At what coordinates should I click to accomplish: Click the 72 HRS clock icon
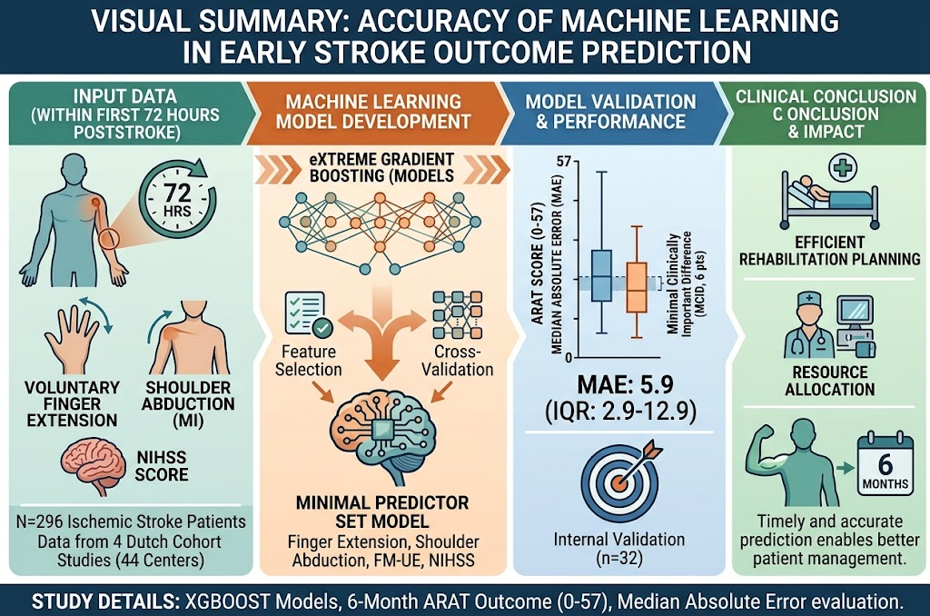[177, 200]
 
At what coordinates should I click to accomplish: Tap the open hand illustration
[73, 336]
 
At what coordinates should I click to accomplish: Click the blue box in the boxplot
[601, 276]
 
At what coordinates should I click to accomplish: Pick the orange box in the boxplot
[637, 287]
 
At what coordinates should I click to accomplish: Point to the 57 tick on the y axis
[564, 161]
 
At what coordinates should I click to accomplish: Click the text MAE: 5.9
[625, 385]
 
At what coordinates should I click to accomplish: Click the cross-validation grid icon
[458, 314]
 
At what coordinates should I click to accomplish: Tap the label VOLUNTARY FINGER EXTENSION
[72, 404]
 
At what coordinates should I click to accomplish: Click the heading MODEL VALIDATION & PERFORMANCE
[610, 112]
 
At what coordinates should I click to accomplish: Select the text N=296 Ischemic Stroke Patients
[131, 522]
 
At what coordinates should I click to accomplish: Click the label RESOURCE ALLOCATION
[830, 381]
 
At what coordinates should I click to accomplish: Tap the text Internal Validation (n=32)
[619, 549]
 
